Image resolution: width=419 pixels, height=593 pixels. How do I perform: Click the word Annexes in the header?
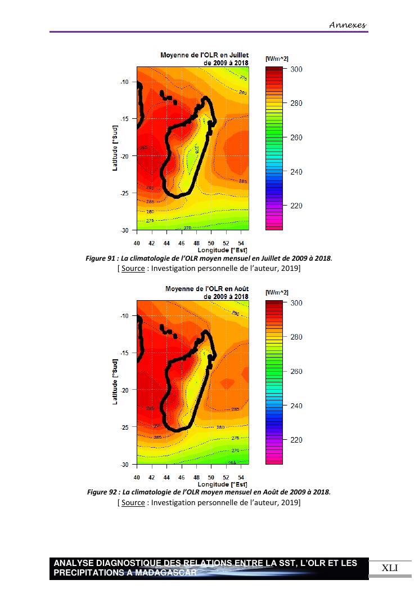348,25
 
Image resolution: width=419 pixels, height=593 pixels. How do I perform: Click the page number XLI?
389,568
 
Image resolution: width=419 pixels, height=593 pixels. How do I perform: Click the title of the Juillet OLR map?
204,59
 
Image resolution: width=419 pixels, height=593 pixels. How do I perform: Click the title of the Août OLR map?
206,292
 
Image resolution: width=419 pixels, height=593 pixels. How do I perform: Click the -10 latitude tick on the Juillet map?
125,82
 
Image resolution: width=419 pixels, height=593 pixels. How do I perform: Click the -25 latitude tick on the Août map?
125,427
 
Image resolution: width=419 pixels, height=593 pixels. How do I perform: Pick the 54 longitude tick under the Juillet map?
241,243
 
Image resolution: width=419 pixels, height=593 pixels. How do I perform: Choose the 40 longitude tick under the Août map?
137,477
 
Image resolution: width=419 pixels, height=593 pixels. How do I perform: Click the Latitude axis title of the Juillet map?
115,148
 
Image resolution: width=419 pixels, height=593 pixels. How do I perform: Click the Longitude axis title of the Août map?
222,484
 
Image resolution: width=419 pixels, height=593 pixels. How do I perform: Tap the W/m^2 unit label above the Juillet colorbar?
277,59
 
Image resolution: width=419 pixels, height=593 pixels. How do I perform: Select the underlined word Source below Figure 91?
133,268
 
